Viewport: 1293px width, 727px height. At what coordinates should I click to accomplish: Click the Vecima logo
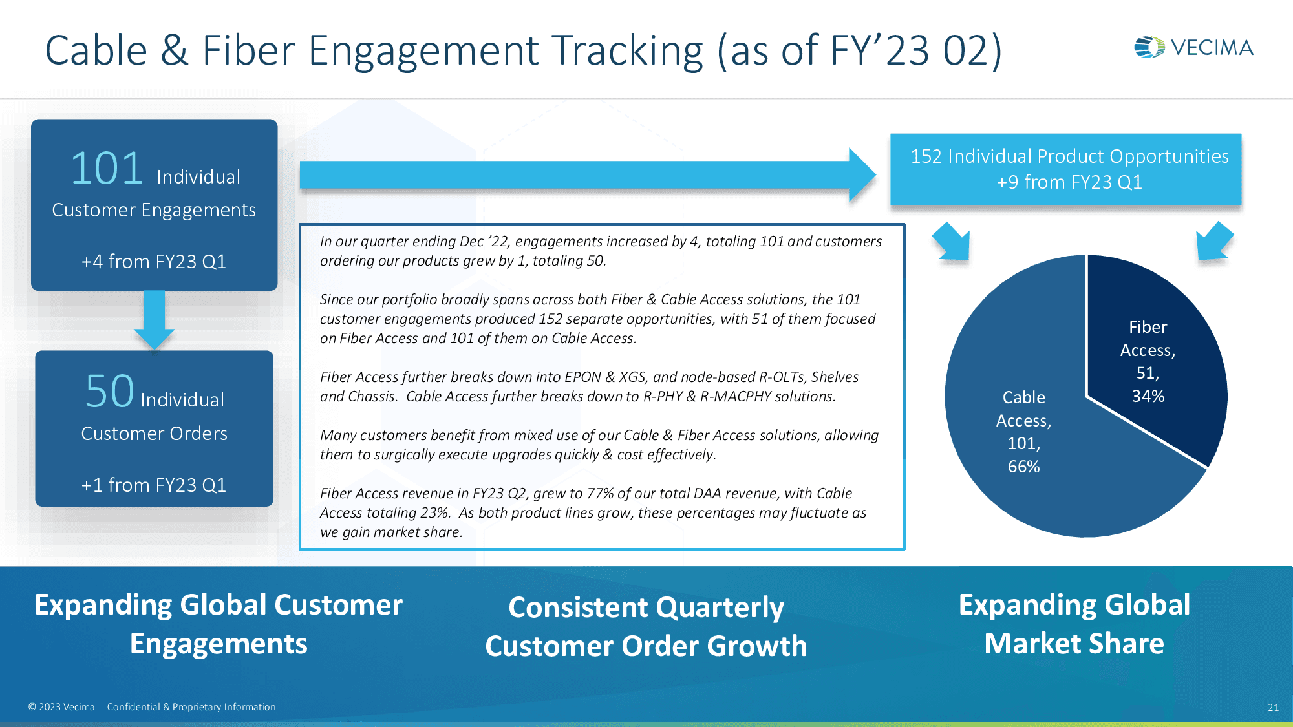coord(1193,47)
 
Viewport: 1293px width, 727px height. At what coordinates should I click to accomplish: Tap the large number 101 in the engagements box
coord(107,169)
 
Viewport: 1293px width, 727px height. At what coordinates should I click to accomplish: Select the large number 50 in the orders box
coord(110,392)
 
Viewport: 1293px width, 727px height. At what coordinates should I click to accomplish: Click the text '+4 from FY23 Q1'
coord(154,262)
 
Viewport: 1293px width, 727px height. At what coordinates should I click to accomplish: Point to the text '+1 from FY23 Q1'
coord(154,485)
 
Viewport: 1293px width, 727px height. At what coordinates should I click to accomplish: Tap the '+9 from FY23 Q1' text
coord(1069,182)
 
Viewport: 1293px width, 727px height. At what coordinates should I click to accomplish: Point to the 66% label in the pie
coord(1024,467)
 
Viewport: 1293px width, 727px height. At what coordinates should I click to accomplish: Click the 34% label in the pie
coord(1148,396)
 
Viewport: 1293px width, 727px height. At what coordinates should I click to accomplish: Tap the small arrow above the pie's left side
coord(952,242)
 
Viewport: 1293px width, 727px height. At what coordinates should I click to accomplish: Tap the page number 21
coord(1273,707)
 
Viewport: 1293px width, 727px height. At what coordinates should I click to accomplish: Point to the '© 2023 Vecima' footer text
coord(61,707)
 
